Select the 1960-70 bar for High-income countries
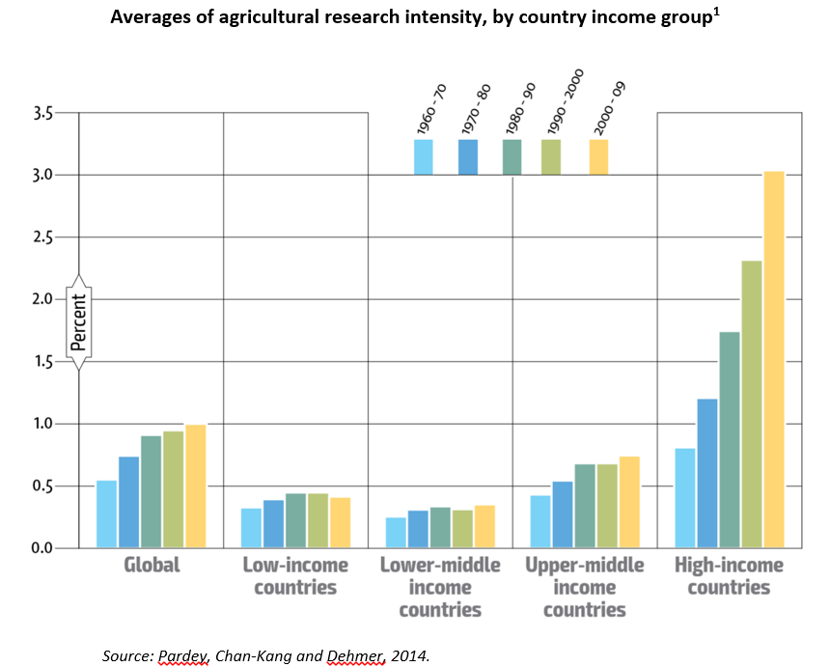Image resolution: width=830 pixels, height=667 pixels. (685, 498)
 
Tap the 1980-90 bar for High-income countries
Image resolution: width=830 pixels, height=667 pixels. (730, 439)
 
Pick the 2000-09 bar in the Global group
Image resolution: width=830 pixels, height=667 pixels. (195, 486)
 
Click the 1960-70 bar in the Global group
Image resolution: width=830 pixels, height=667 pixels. (106, 514)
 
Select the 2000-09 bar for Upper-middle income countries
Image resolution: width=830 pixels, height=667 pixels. (629, 502)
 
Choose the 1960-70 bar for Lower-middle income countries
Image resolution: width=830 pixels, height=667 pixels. (396, 532)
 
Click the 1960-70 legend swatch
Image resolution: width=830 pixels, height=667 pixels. (423, 156)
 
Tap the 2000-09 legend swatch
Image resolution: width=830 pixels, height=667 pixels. (598, 156)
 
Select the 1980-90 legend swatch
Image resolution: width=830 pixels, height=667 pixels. (512, 156)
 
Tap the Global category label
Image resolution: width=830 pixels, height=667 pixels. (152, 565)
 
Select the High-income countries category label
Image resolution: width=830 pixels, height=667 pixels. (729, 576)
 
